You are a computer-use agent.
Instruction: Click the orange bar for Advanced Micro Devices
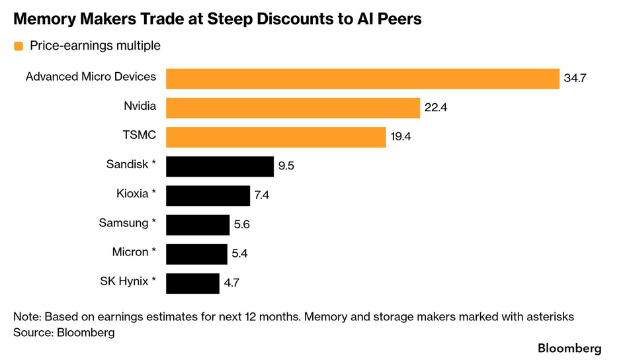pyautogui.click(x=362, y=78)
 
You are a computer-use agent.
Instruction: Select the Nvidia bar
pyautogui.click(x=292, y=108)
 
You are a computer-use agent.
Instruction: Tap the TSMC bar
pyautogui.click(x=275, y=137)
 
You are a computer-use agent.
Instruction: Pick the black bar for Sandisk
pyautogui.click(x=220, y=166)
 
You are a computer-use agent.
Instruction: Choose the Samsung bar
pyautogui.click(x=197, y=224)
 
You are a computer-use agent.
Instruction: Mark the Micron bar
pyautogui.click(x=196, y=253)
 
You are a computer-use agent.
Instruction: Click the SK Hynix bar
pyautogui.click(x=192, y=283)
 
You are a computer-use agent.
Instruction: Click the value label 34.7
pyautogui.click(x=575, y=78)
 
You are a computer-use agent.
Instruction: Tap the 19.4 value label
pyautogui.click(x=401, y=137)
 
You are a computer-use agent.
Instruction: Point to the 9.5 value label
pyautogui.click(x=286, y=166)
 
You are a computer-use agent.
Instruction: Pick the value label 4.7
pyautogui.click(x=231, y=283)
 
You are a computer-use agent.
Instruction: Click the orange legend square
pyautogui.click(x=18, y=46)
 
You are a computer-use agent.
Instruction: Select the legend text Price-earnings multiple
pyautogui.click(x=95, y=46)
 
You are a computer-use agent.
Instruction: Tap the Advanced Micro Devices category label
pyautogui.click(x=91, y=77)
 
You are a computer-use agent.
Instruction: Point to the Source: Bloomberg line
pyautogui.click(x=63, y=333)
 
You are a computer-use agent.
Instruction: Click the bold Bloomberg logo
pyautogui.click(x=569, y=348)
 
